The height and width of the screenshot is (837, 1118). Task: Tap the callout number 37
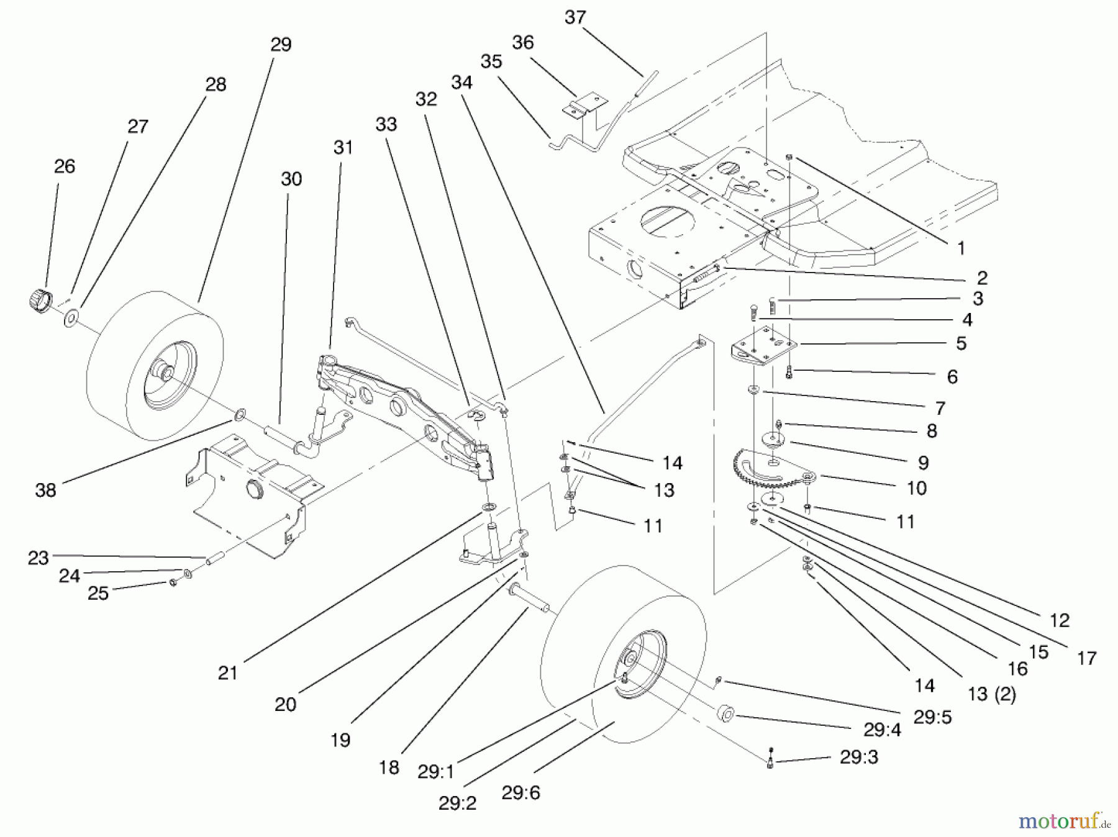click(575, 17)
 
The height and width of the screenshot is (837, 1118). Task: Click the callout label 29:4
click(882, 730)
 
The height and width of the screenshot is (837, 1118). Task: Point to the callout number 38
click(45, 491)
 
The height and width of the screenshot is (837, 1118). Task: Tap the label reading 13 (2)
click(992, 694)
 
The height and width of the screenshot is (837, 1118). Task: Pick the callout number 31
click(343, 148)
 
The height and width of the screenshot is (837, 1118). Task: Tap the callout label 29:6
click(520, 793)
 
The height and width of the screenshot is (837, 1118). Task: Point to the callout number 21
click(228, 673)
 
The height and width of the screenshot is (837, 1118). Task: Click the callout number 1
click(961, 248)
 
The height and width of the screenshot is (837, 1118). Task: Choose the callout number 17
click(1086, 658)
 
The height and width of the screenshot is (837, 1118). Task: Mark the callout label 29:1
click(435, 772)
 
